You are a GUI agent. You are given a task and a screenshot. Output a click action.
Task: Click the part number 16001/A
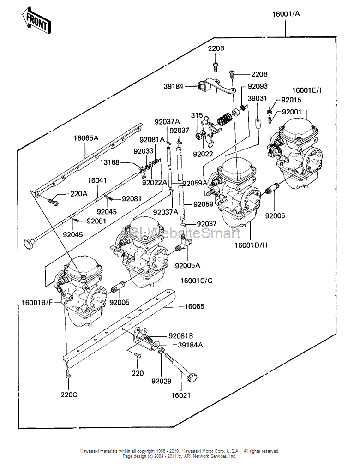coord(286,14)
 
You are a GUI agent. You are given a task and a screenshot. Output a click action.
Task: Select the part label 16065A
coord(86,137)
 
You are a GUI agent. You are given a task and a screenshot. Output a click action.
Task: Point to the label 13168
coord(110,162)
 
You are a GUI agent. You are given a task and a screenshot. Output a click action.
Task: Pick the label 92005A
coord(187,265)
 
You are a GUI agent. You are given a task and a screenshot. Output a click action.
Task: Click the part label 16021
coord(181,395)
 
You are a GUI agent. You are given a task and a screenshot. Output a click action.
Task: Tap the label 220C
coord(69,394)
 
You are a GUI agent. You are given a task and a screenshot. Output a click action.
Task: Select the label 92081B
coord(180,336)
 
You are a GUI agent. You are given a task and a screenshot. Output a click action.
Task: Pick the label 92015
coord(291,100)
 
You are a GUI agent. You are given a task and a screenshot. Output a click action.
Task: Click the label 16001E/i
coord(306,90)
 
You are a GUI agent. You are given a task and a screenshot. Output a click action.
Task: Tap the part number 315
coord(197,115)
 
